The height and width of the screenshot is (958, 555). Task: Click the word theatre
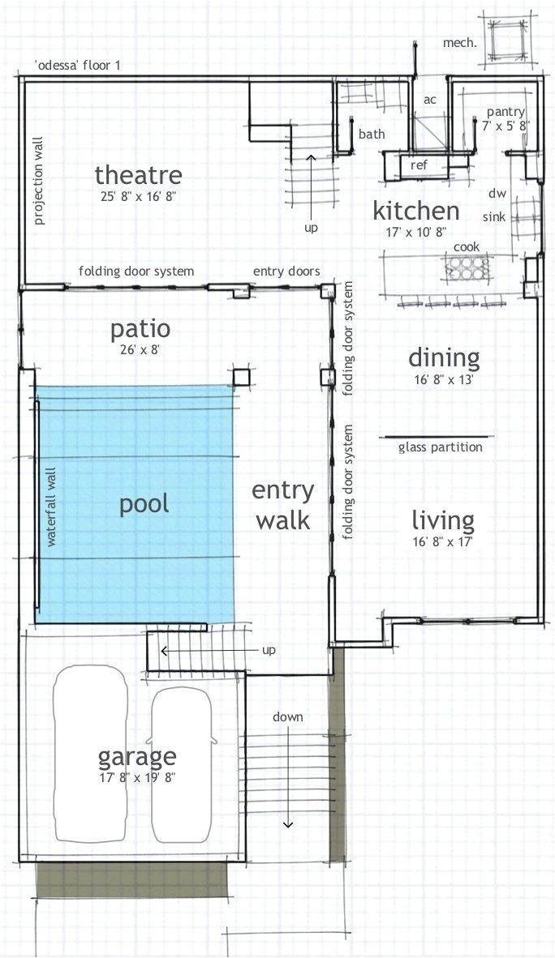(138, 175)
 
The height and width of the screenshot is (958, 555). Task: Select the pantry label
(506, 112)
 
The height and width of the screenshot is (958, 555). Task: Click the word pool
(144, 504)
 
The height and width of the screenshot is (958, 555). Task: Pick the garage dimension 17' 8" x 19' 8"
(138, 778)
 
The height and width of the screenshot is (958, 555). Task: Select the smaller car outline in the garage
(183, 765)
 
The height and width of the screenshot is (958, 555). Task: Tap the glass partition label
(441, 447)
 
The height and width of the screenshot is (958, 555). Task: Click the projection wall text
(39, 181)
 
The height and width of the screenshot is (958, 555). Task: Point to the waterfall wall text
(51, 507)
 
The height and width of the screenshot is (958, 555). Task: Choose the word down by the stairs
(287, 716)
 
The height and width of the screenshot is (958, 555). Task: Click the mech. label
(459, 43)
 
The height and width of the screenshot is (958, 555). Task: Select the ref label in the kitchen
(419, 165)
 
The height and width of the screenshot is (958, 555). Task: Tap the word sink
(494, 216)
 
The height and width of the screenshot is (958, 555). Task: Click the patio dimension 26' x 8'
(140, 350)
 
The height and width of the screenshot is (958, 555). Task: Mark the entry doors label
(286, 272)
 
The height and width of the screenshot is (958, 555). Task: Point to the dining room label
(445, 358)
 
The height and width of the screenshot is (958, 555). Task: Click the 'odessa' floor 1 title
(78, 66)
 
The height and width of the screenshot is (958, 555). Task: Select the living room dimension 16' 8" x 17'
(444, 541)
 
